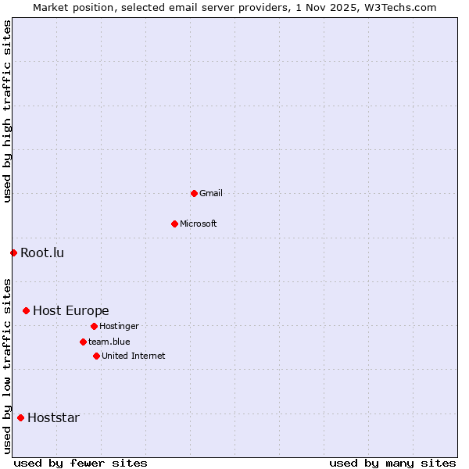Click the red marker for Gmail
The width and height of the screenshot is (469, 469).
194,193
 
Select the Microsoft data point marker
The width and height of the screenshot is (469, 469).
174,224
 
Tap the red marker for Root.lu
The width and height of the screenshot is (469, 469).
13,252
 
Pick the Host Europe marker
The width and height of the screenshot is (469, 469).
26,310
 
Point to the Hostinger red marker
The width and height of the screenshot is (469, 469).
94,326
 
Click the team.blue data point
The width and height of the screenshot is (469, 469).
83,342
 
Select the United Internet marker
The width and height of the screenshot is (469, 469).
96,356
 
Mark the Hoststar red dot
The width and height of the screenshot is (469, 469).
20,417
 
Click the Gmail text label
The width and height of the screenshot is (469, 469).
211,193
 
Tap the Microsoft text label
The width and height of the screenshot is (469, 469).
199,224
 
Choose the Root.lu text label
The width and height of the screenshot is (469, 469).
42,252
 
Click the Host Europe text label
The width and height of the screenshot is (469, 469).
71,310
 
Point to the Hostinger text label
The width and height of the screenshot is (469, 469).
119,326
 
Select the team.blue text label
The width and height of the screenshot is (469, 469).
109,342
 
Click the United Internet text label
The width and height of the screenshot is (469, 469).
134,356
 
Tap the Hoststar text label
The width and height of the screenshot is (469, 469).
53,417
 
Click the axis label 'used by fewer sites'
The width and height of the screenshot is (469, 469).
81,463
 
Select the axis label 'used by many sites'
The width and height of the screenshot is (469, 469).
392,463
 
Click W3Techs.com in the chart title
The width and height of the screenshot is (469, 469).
399,7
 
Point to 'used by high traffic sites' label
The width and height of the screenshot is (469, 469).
7,112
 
